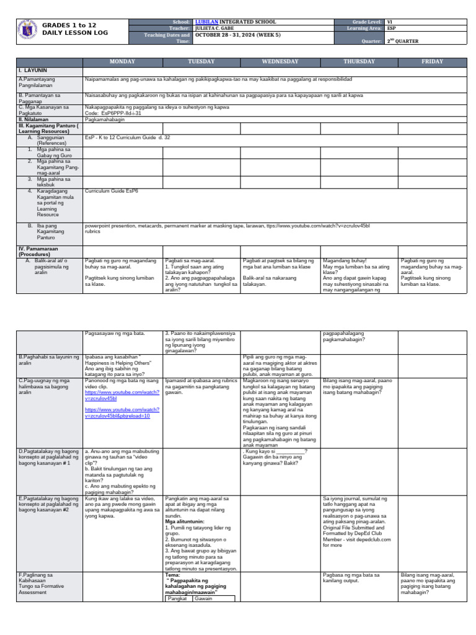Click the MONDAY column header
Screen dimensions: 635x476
pyautogui.click(x=122, y=61)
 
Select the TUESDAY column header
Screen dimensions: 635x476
pyautogui.click(x=201, y=61)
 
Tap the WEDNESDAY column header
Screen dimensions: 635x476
pyautogui.click(x=280, y=61)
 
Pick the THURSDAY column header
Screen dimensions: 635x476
pyautogui.click(x=359, y=61)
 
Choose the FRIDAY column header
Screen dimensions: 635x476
pyautogui.click(x=432, y=61)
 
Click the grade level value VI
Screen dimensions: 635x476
pyautogui.click(x=390, y=22)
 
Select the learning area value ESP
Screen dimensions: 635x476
pyautogui.click(x=392, y=29)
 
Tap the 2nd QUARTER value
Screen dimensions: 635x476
pyautogui.click(x=402, y=42)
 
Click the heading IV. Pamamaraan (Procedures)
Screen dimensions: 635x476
pyautogui.click(x=40, y=251)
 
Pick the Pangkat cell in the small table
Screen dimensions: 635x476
pyautogui.click(x=178, y=598)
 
